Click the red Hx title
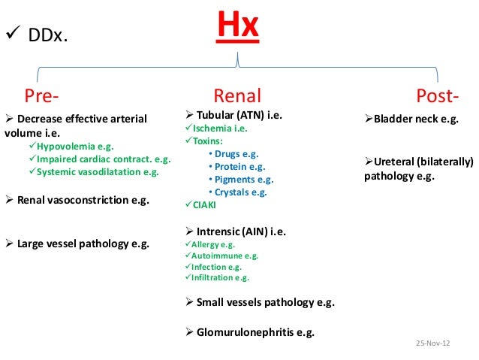point(239,29)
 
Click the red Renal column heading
point(237,95)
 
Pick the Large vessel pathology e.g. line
point(83,244)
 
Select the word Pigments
point(234,180)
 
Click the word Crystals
point(232,192)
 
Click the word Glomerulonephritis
point(246,331)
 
